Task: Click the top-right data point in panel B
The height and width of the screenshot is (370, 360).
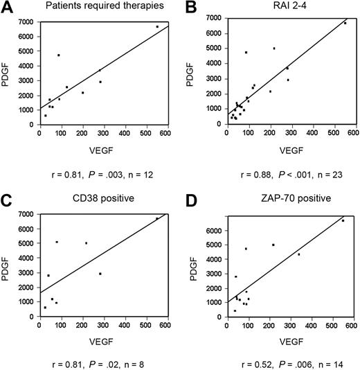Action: pyautogui.click(x=345, y=23)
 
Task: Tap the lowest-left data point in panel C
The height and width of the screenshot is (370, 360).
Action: pyautogui.click(x=46, y=307)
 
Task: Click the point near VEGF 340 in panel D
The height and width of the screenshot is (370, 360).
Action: pyautogui.click(x=298, y=254)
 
